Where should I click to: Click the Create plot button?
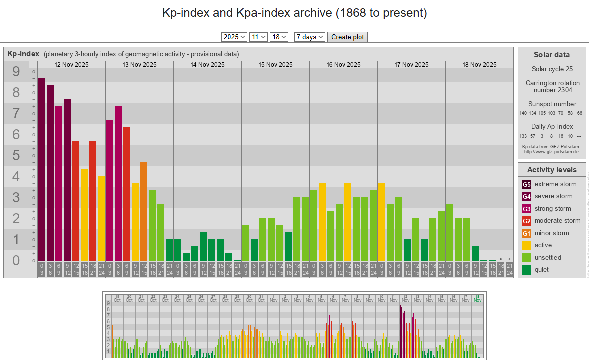(x=347, y=37)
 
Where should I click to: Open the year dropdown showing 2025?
(x=234, y=37)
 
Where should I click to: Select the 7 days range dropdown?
(x=310, y=37)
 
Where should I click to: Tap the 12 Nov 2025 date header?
(x=71, y=65)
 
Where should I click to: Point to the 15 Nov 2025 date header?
(x=275, y=65)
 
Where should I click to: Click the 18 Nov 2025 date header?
(x=479, y=65)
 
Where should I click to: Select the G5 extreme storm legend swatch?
(x=526, y=184)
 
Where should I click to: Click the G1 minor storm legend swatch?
(x=526, y=233)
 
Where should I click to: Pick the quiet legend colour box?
(x=526, y=270)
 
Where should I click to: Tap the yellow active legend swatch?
(x=526, y=245)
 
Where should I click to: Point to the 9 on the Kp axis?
(x=16, y=72)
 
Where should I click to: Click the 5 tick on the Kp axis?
(x=16, y=156)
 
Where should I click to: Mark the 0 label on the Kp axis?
(x=16, y=260)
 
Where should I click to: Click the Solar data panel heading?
(x=551, y=55)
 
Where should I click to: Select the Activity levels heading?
(x=551, y=170)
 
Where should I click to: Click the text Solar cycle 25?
(x=552, y=69)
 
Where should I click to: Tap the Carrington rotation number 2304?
(x=552, y=86)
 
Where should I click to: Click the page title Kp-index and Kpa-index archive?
(x=294, y=13)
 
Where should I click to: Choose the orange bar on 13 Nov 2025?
(x=144, y=211)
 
